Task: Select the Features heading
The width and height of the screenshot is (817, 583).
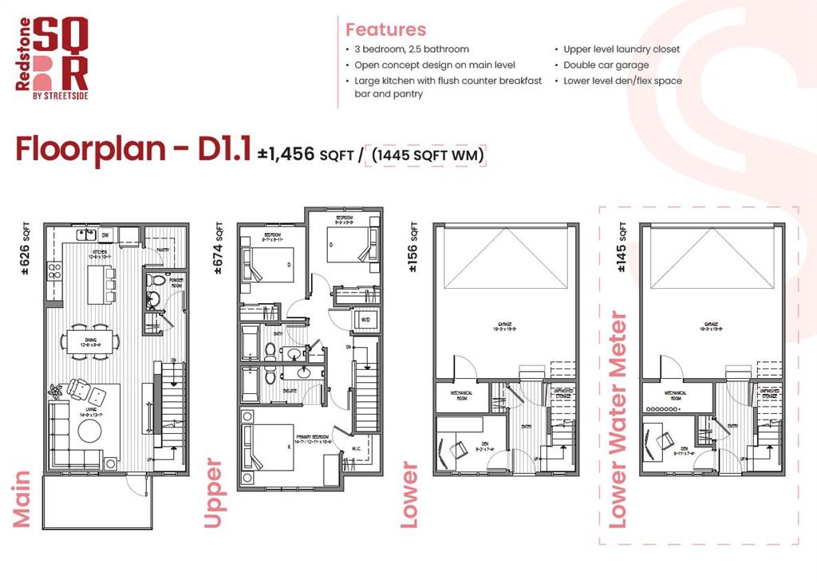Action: (x=385, y=30)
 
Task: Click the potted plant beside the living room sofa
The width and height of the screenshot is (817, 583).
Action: (x=56, y=392)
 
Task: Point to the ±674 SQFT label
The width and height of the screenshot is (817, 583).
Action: (x=219, y=250)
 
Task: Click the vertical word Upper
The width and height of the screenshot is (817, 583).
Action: (x=214, y=492)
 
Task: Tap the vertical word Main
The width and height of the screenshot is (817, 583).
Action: (x=22, y=498)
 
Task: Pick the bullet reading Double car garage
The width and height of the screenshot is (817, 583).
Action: (x=606, y=65)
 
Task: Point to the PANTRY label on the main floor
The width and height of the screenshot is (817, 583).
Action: (x=162, y=249)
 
